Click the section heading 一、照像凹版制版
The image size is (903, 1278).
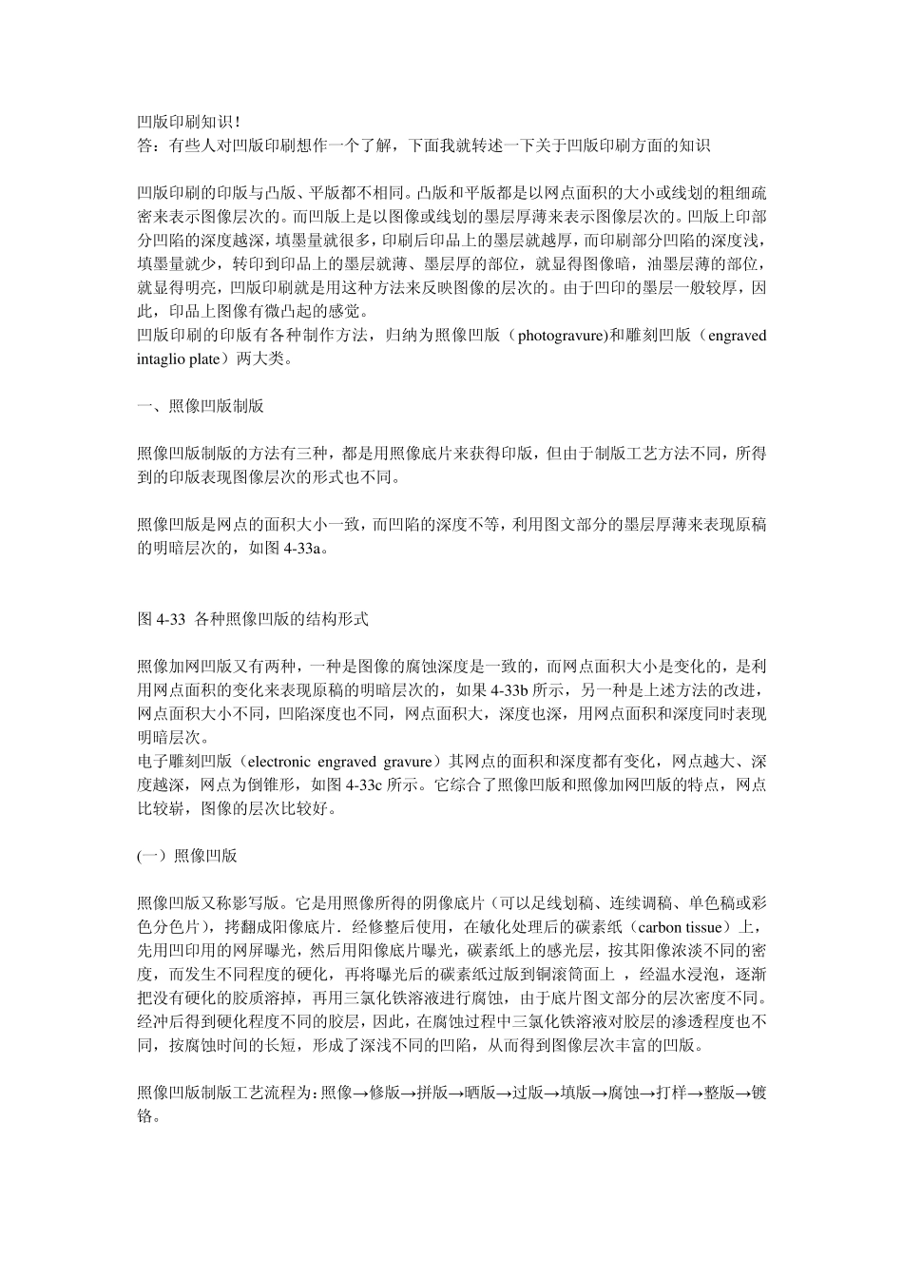(201, 406)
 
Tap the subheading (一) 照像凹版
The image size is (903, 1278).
(187, 856)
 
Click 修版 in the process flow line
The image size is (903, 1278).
(386, 1093)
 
